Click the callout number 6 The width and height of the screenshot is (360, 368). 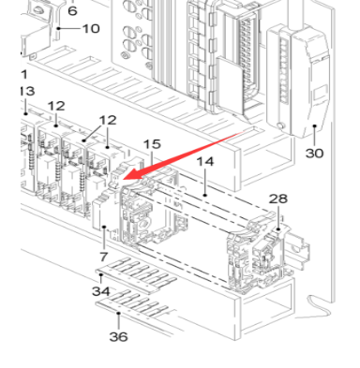[x=72, y=10]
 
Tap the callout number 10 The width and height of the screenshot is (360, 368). [x=90, y=29]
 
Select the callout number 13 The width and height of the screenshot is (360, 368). [x=26, y=91]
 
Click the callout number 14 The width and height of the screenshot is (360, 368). [x=205, y=163]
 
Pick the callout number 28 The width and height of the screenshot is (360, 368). [x=278, y=199]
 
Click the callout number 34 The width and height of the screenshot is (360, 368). [x=100, y=291]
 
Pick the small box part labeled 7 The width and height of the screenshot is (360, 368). [x=104, y=220]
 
